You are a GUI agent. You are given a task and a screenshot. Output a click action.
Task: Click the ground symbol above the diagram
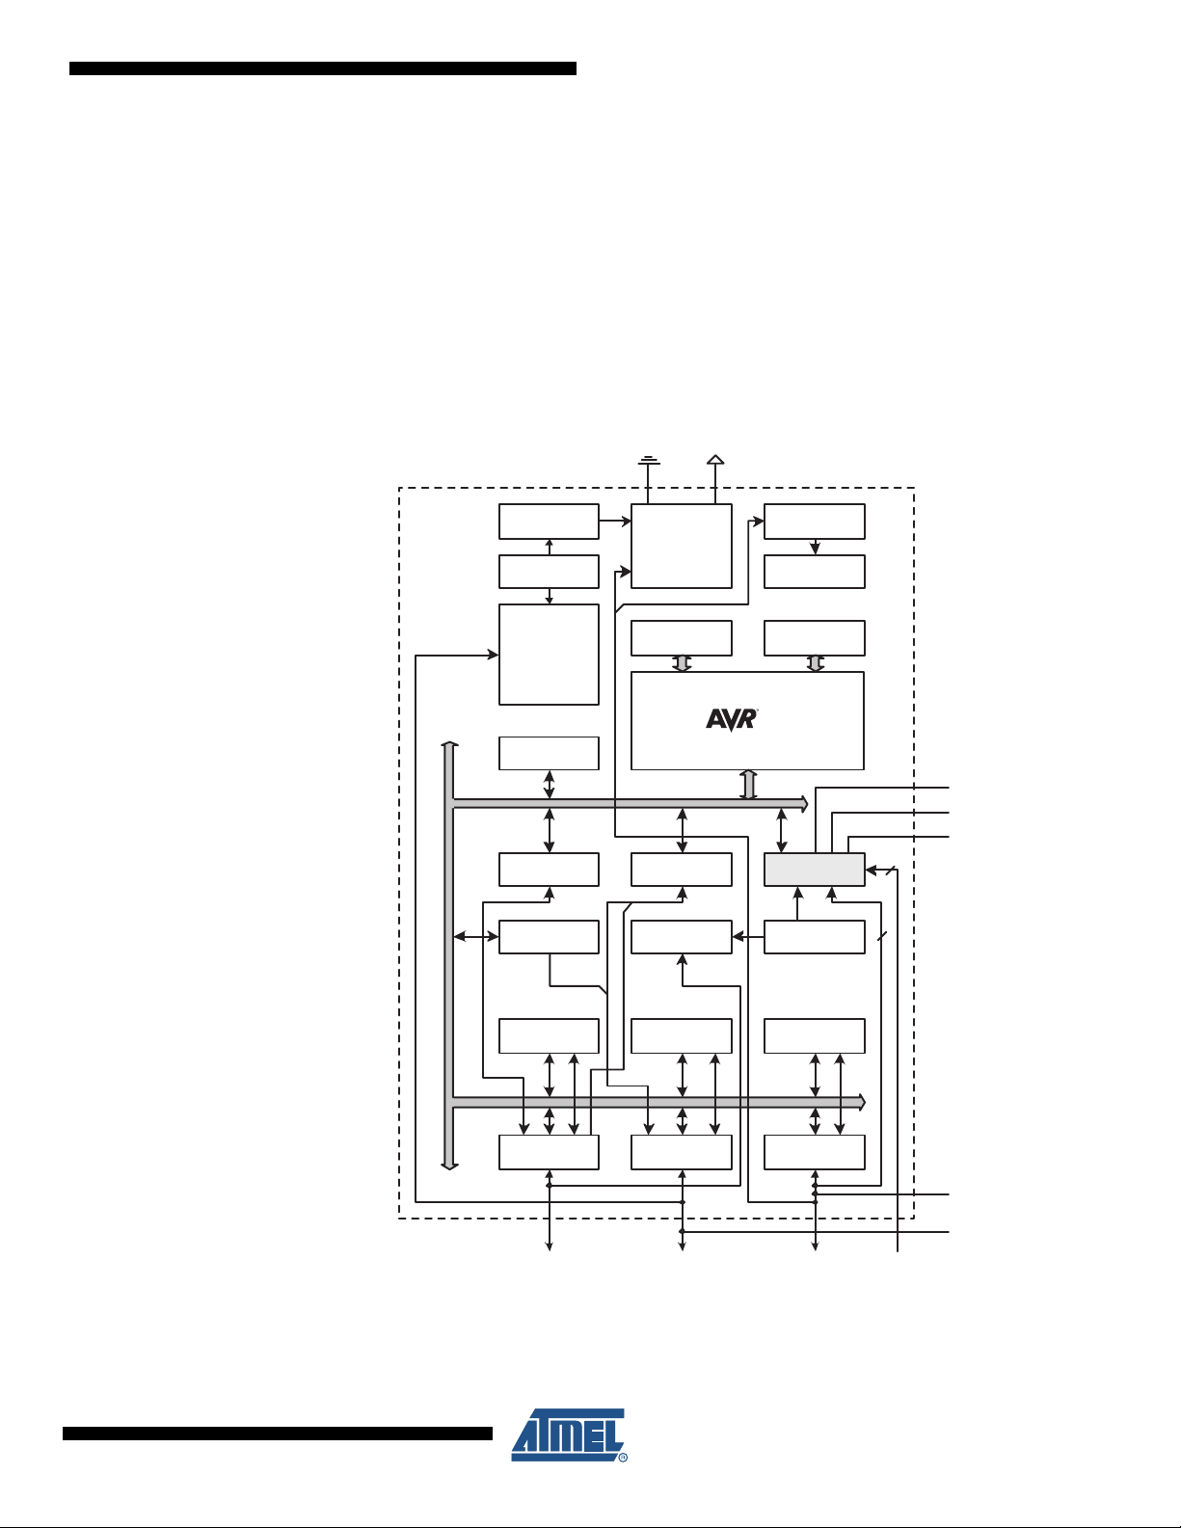tap(649, 460)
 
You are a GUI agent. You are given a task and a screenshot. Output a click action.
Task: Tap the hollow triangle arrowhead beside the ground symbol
tap(715, 460)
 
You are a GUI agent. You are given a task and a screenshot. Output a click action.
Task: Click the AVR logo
tap(732, 719)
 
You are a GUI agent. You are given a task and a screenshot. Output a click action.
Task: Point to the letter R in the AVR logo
tap(749, 718)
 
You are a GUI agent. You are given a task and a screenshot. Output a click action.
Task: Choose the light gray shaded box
tap(814, 870)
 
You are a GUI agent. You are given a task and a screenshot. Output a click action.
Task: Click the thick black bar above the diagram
tap(323, 68)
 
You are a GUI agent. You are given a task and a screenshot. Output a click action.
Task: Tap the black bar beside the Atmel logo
tap(278, 1434)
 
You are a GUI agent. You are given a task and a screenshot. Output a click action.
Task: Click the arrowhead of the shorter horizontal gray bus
tap(805, 803)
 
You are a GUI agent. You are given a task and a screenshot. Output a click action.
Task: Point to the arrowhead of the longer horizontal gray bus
tap(863, 1102)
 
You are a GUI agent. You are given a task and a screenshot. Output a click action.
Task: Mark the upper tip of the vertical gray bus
tap(450, 742)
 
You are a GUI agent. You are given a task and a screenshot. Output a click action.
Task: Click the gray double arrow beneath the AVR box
tap(749, 784)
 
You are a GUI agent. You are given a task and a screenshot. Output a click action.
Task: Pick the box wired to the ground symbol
tap(682, 546)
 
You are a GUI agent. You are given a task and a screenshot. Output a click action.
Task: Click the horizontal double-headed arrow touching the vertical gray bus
tap(476, 937)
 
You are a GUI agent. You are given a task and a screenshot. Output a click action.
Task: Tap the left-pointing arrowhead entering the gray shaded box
tap(871, 871)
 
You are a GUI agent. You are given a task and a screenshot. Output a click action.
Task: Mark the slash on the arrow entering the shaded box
tap(891, 871)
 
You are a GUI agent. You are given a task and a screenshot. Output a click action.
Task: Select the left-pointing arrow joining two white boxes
tap(748, 937)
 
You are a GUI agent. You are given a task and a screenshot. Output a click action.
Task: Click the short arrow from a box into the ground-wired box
tap(615, 521)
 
